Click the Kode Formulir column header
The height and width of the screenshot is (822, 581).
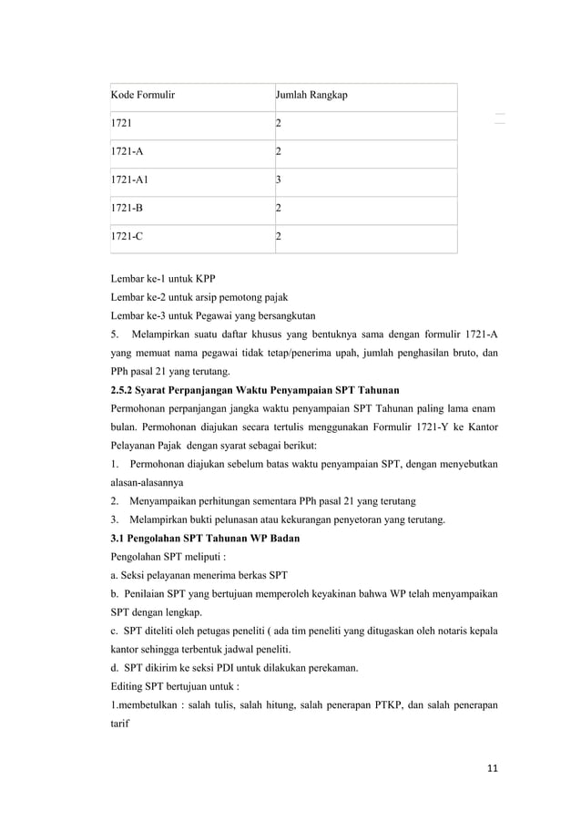[143, 95]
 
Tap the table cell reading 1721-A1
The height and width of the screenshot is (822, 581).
[128, 180]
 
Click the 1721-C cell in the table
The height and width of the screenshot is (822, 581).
[126, 236]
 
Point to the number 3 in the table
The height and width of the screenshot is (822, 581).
[280, 180]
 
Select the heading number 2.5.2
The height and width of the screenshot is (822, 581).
[124, 389]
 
